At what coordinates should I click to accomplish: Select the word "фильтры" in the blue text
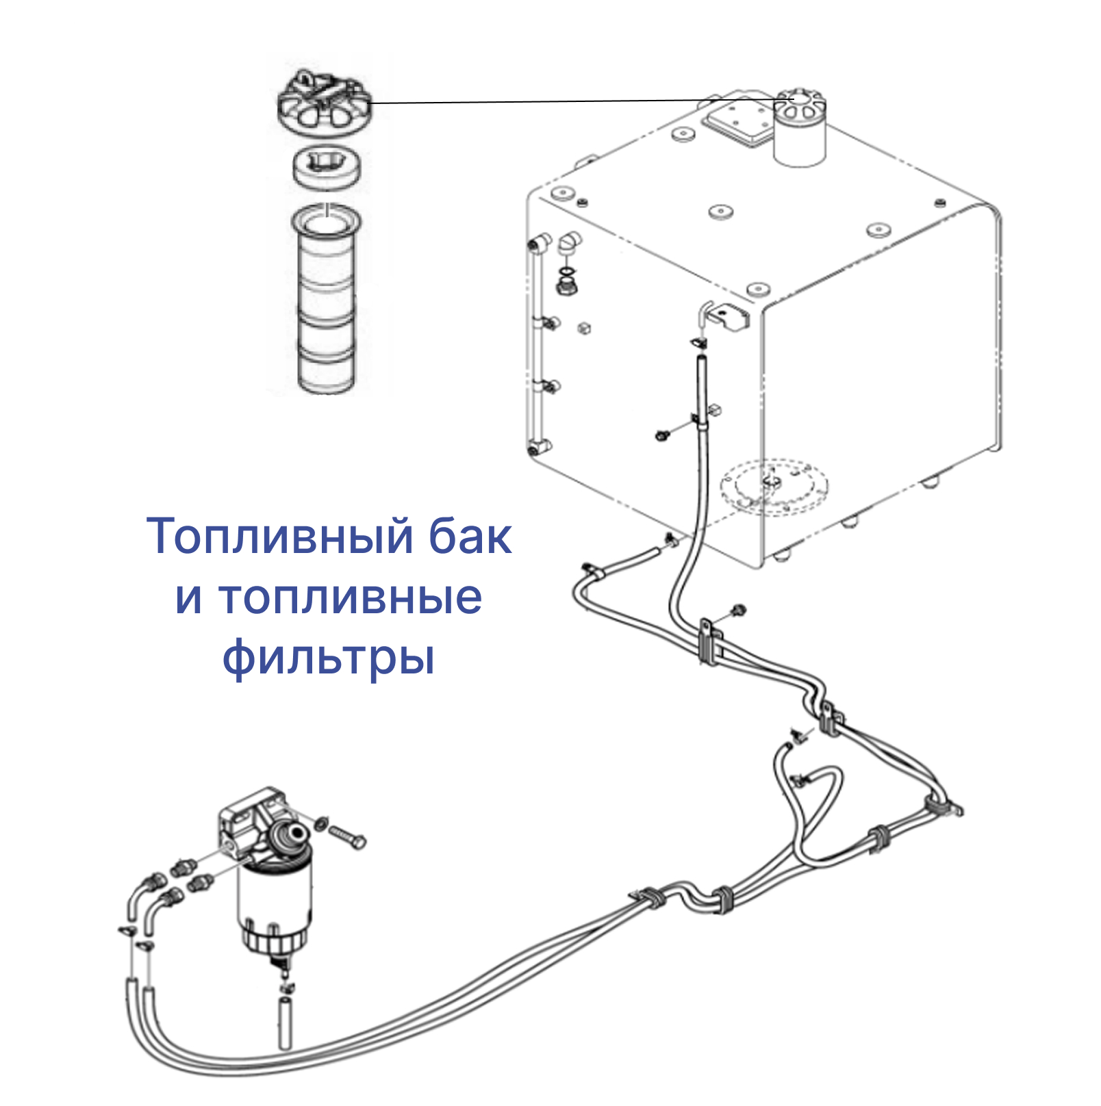(x=329, y=658)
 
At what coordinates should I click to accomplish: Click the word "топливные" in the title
(x=329, y=597)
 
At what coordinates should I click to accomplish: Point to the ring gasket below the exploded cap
(x=328, y=168)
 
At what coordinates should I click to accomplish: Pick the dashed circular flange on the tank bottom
(x=774, y=486)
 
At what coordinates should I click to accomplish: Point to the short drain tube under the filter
(x=285, y=1023)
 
